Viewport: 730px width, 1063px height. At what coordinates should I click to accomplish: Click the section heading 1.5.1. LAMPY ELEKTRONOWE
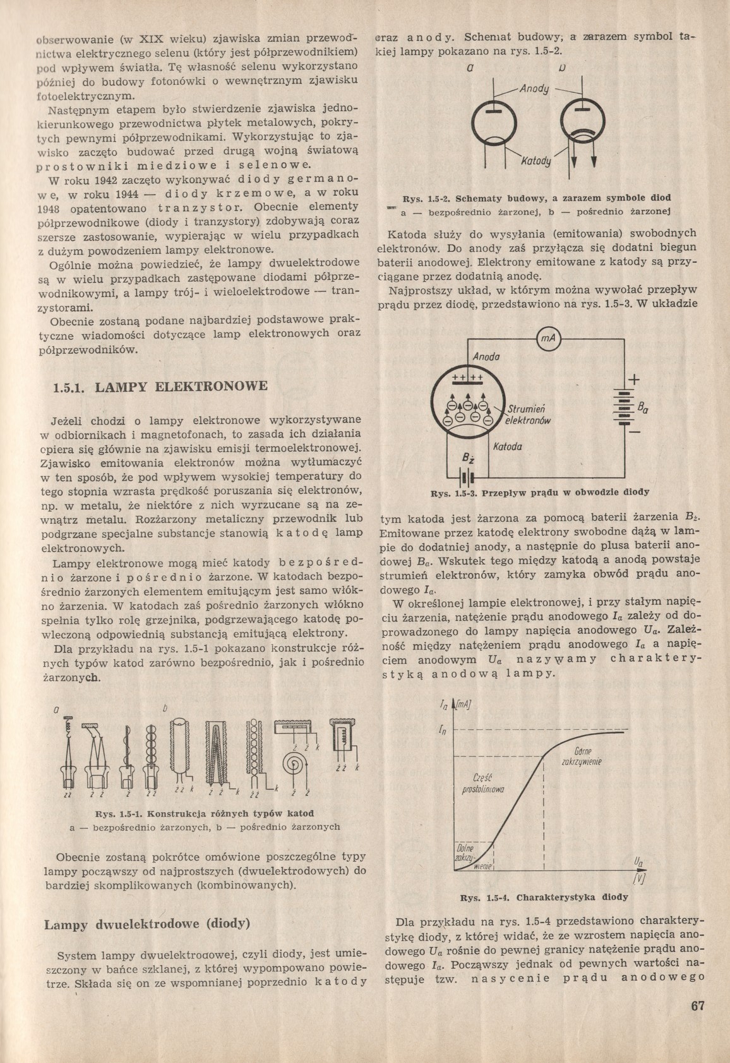161,386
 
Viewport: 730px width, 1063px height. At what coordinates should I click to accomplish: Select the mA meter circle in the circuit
548,340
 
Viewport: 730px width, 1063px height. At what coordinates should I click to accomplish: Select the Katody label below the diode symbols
536,162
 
